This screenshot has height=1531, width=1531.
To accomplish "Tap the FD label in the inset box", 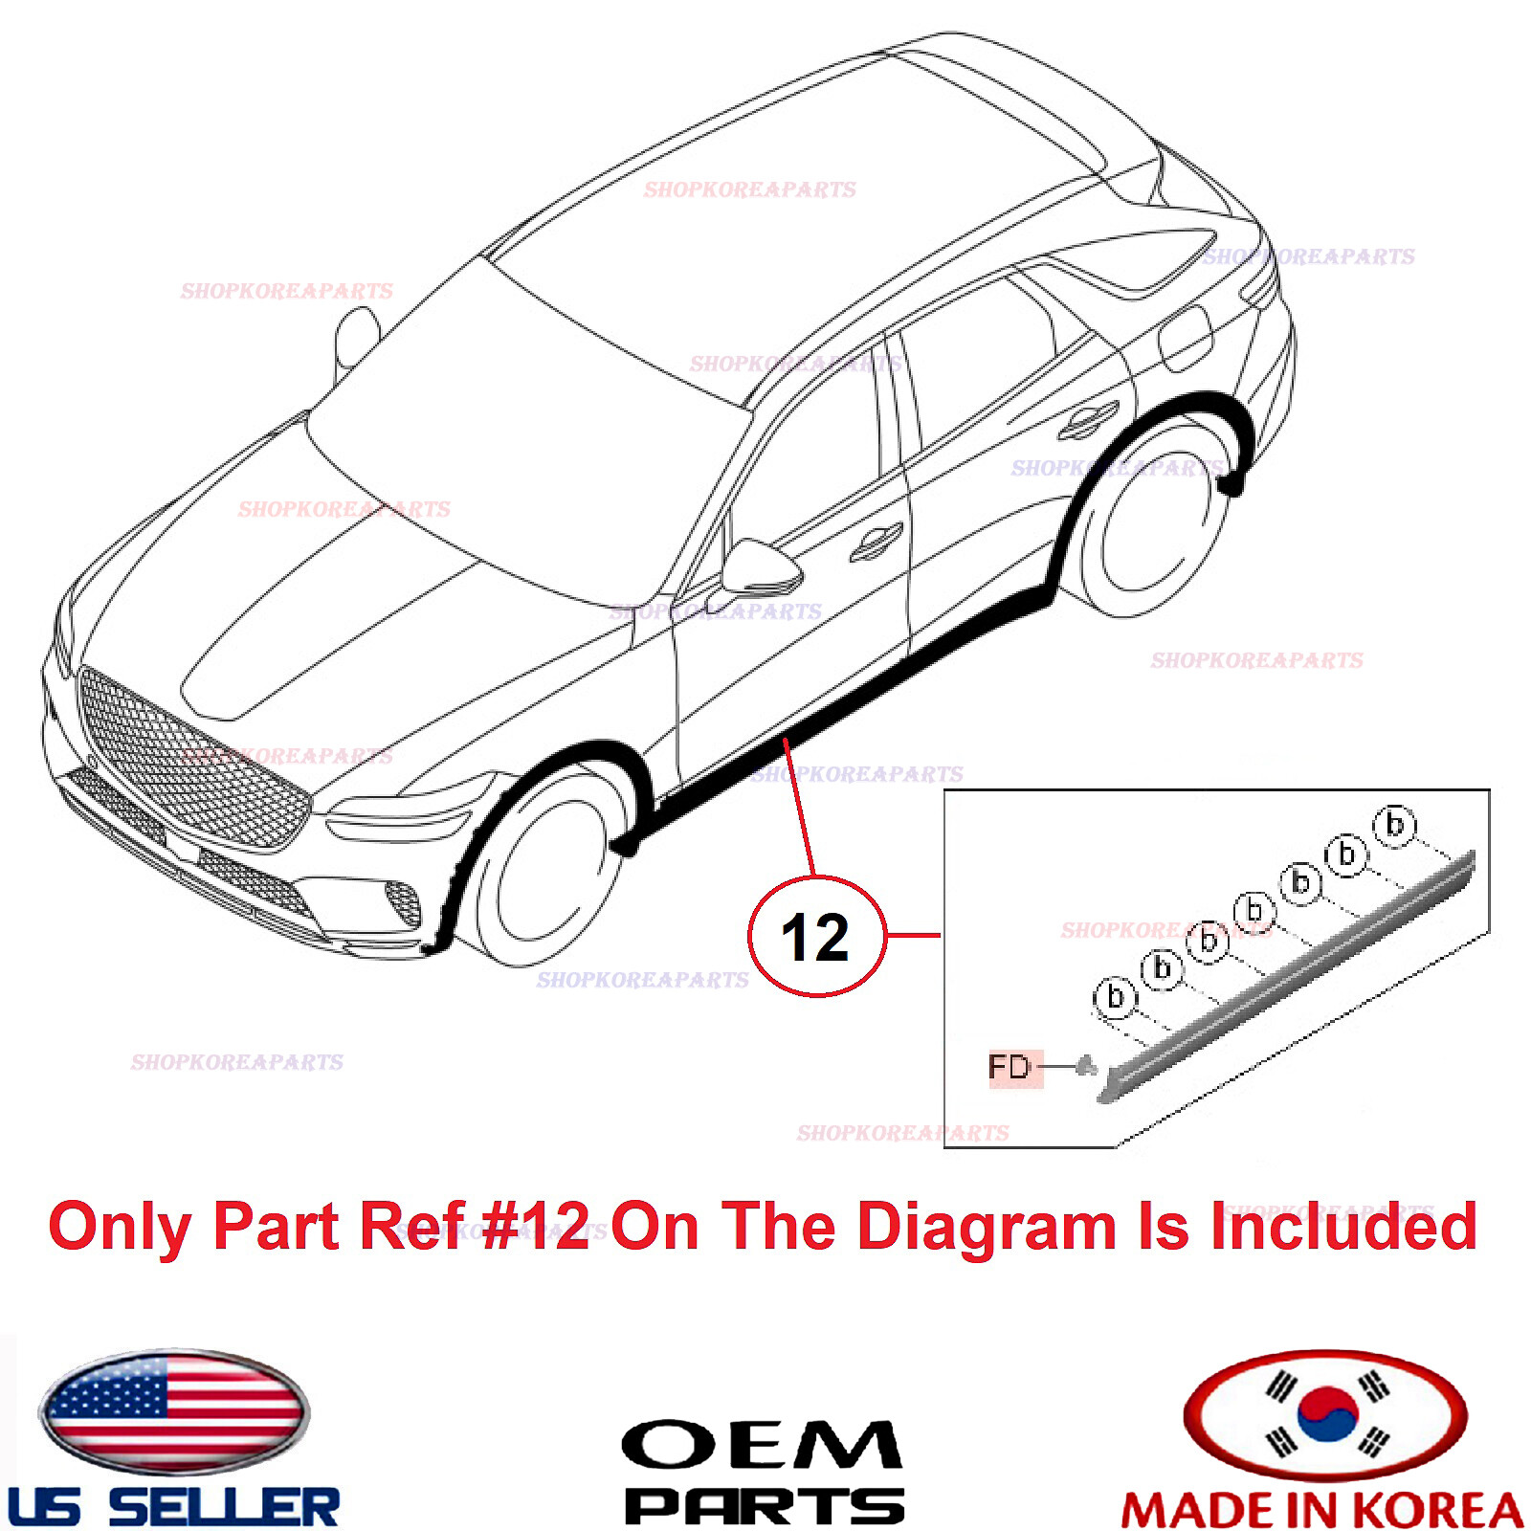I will tap(1010, 1066).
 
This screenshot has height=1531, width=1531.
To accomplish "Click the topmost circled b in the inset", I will tap(1394, 824).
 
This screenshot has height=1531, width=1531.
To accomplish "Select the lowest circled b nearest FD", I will tap(1115, 997).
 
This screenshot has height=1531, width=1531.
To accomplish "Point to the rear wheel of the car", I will tap(1163, 526).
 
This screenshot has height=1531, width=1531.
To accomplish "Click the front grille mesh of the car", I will tap(191, 756).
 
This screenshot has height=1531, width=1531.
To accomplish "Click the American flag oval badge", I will tap(174, 1411).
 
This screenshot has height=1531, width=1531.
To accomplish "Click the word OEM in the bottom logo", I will tap(762, 1445).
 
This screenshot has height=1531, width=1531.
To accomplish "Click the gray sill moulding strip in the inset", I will tap(1292, 976).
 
